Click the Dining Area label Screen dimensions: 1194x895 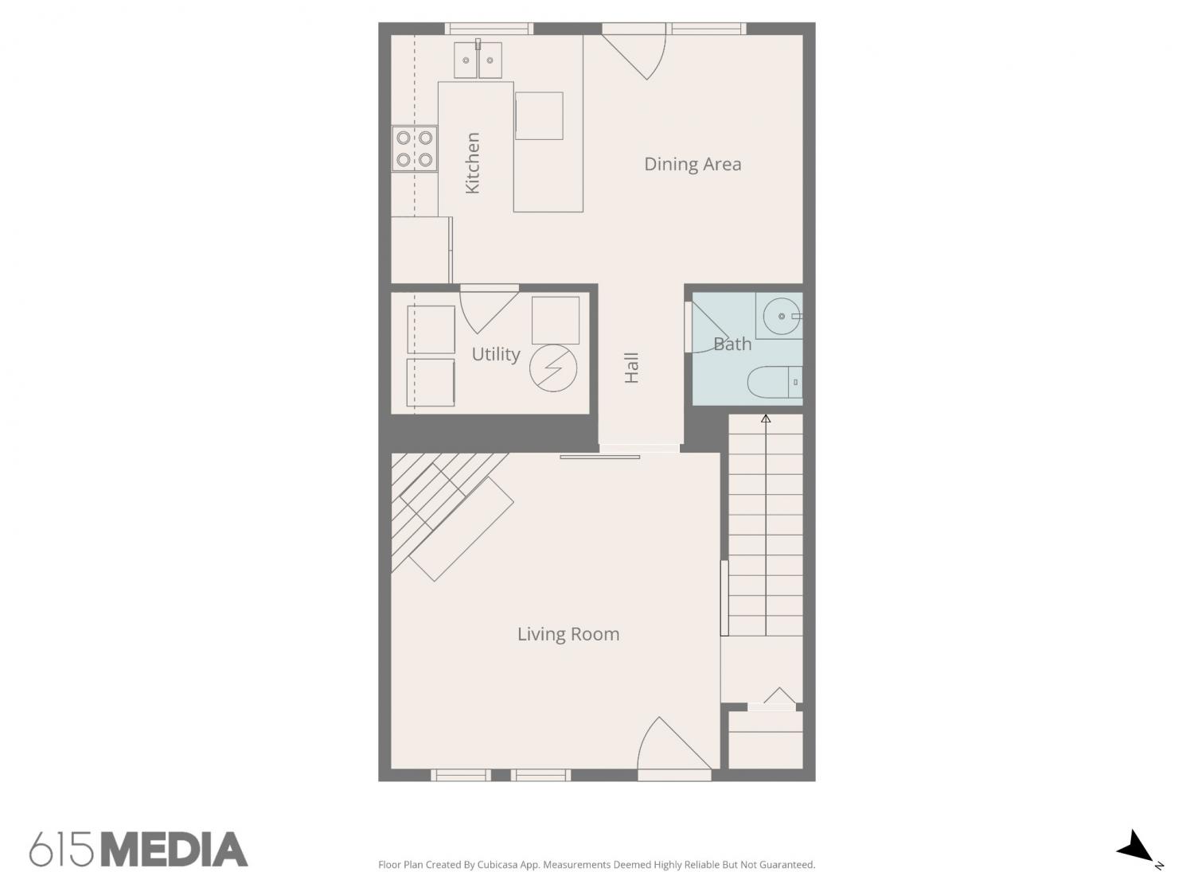(x=692, y=164)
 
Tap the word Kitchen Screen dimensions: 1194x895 (x=473, y=163)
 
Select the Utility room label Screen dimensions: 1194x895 (x=496, y=354)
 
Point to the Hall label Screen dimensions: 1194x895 (x=631, y=368)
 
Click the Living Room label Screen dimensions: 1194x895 (x=568, y=634)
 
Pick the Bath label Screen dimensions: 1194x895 (x=732, y=344)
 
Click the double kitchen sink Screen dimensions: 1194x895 (x=478, y=60)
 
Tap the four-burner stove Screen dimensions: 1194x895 (x=415, y=149)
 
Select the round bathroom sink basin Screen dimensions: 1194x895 (x=782, y=316)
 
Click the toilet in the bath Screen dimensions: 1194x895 (x=775, y=383)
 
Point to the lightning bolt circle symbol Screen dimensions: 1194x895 (x=553, y=368)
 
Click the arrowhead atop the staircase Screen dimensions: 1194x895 (x=766, y=418)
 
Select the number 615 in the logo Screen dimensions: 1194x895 (x=61, y=850)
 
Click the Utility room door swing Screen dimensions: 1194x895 (x=488, y=309)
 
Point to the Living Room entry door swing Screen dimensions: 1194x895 (x=674, y=749)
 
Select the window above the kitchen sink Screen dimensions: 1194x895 (x=489, y=29)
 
